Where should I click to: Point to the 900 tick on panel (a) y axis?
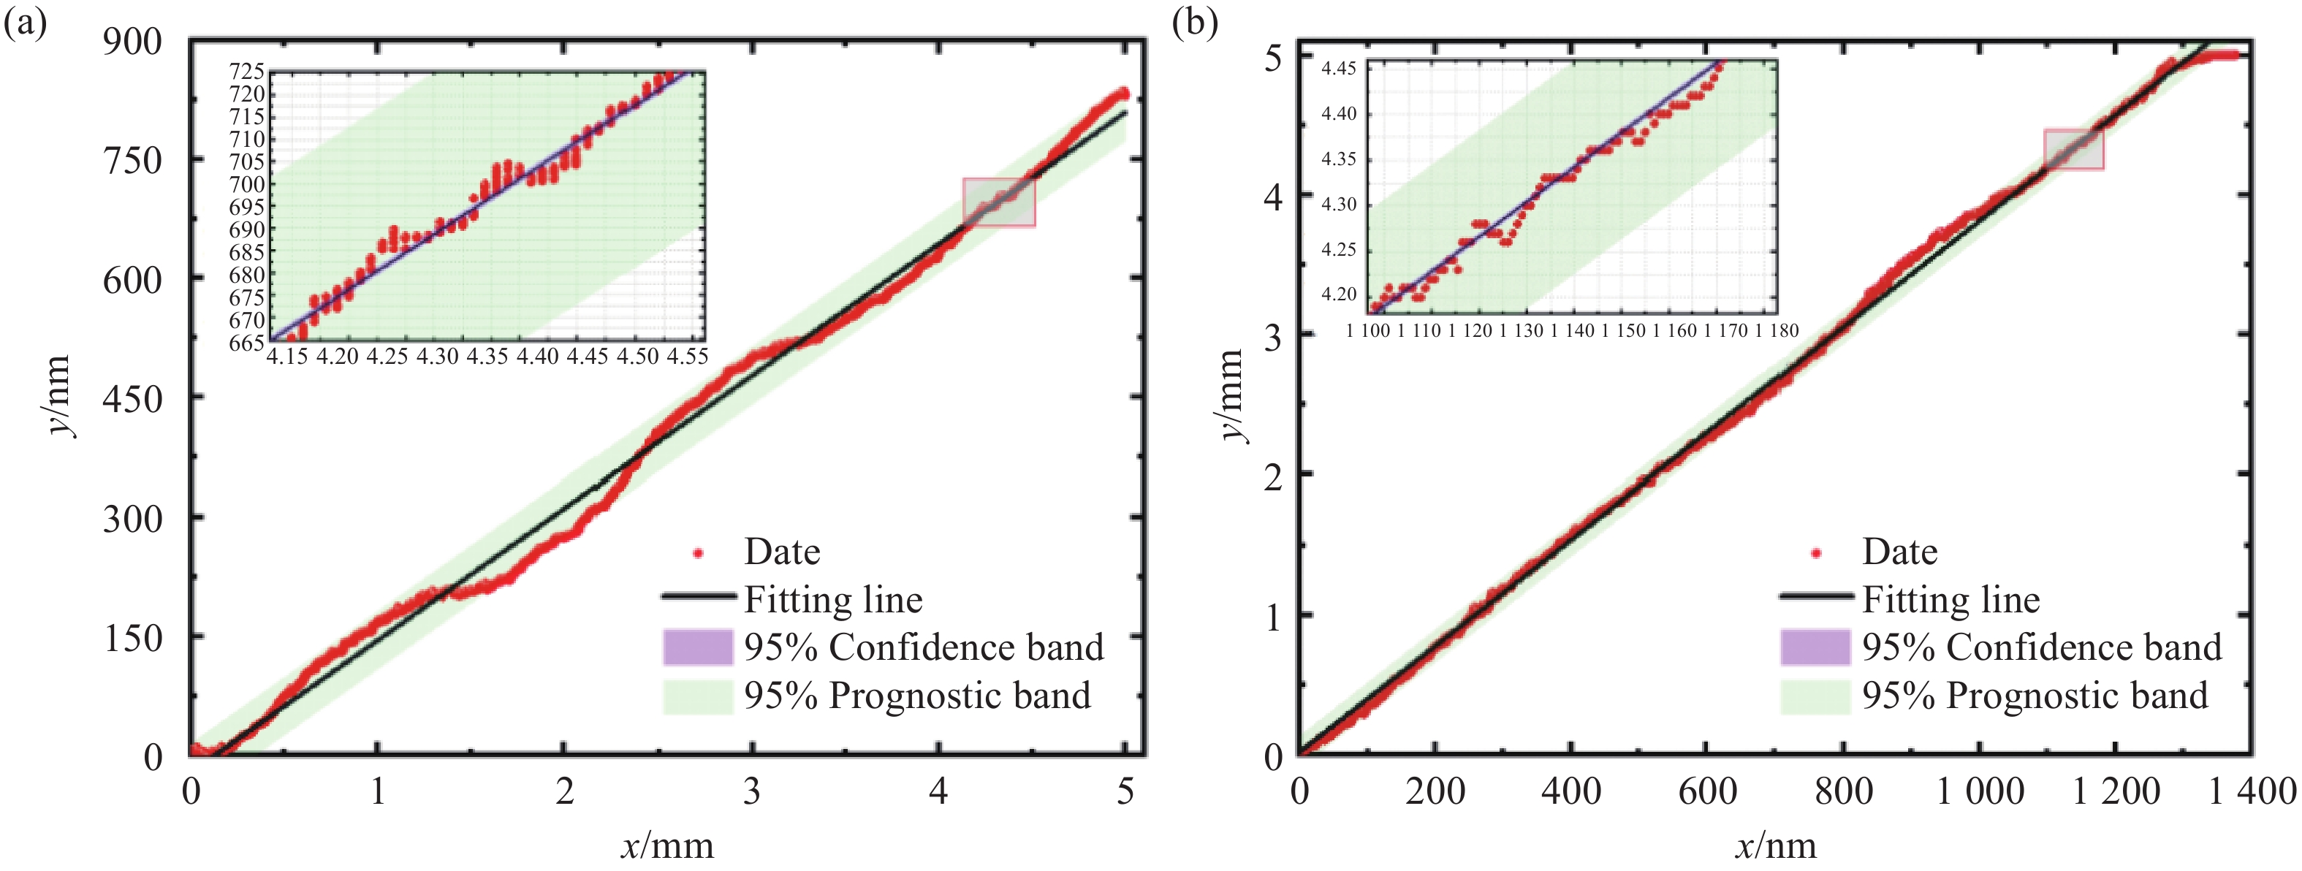click(132, 41)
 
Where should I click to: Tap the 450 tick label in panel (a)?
click(132, 398)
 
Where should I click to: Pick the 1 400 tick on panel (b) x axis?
click(2252, 791)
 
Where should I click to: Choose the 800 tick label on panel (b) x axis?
click(1844, 791)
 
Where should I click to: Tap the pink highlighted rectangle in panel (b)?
click(2074, 149)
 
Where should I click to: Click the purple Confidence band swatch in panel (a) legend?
click(697, 647)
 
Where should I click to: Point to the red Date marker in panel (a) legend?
click(699, 554)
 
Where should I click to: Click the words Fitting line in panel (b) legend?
click(1950, 599)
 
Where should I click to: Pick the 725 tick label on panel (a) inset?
click(247, 72)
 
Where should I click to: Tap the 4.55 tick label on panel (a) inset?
click(688, 357)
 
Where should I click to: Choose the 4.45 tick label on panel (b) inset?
click(1339, 69)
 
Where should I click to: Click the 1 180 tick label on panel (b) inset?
click(1774, 330)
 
